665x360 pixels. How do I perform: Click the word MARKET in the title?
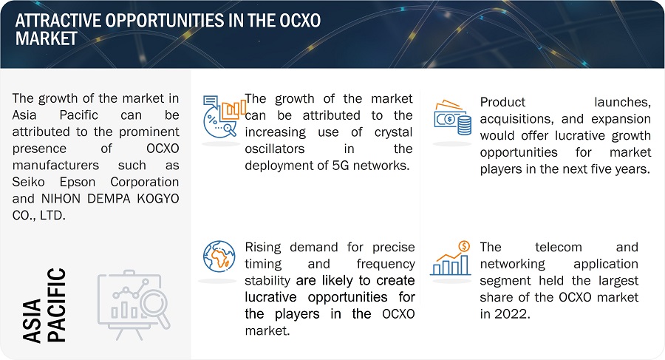point(47,38)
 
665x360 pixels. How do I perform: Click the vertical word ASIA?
point(33,321)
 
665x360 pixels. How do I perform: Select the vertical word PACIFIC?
point(56,305)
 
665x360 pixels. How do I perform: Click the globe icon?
point(219,257)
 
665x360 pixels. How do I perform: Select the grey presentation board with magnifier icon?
point(134,304)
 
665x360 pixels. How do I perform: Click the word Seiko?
point(28,182)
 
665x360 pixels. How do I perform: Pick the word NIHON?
point(60,199)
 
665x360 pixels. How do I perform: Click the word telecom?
point(558,247)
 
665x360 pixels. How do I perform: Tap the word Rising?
point(263,248)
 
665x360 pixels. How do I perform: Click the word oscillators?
point(274,149)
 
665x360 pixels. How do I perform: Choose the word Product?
point(502,102)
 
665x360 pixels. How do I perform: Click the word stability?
point(267,281)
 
